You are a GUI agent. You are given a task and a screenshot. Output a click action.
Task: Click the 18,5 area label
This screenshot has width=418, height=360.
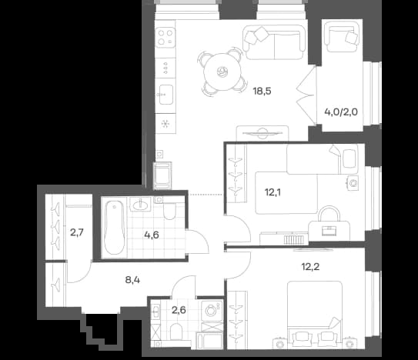point(262,92)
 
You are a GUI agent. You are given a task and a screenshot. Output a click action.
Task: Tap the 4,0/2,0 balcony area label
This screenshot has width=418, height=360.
point(341,112)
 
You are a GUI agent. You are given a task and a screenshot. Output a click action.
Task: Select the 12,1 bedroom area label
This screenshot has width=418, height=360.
point(273,192)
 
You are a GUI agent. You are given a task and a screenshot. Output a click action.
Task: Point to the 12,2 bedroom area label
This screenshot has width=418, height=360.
point(310,266)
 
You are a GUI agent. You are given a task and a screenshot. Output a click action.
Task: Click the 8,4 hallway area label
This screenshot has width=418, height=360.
point(132,280)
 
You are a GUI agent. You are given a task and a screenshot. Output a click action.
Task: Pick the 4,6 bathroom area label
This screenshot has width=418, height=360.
point(152,235)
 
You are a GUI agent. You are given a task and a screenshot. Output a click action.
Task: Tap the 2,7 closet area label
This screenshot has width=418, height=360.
point(77,232)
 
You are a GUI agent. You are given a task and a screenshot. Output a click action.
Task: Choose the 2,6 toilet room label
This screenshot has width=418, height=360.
point(179,310)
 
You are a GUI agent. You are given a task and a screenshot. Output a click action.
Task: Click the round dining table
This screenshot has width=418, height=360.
point(222,72)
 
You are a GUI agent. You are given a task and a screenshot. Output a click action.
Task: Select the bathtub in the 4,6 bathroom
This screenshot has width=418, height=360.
point(115,228)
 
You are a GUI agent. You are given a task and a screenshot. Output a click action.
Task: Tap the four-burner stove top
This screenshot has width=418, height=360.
point(166,38)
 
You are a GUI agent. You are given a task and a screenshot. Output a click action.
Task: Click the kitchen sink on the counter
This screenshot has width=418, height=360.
point(166,95)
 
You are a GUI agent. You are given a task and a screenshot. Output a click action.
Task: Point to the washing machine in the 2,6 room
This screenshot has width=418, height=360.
point(212,311)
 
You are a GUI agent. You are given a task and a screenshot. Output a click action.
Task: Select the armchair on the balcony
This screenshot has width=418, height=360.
point(342,37)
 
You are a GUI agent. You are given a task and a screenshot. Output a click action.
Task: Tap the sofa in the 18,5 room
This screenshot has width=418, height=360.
point(274,42)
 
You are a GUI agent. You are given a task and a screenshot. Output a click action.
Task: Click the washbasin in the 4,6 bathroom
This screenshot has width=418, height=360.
point(140,205)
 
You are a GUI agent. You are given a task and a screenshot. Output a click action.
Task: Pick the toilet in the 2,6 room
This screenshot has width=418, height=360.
point(176,332)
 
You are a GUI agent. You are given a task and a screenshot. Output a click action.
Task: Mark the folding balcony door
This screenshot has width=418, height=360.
point(306,95)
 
